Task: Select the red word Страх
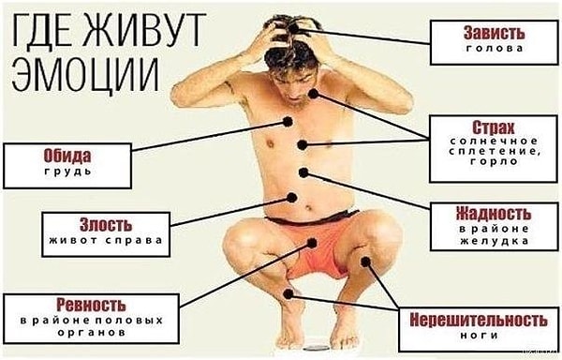491,126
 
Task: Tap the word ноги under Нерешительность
473,335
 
